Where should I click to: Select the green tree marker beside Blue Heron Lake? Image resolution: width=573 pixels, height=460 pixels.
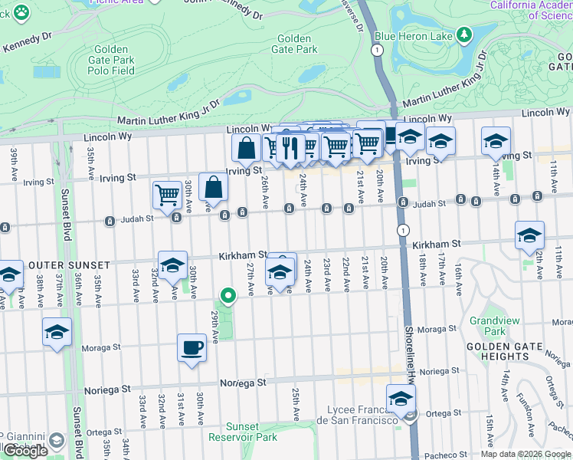pos(463,34)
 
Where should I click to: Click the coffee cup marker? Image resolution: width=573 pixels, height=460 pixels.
pos(192,347)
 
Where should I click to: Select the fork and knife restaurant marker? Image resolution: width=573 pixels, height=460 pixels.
pos(290,146)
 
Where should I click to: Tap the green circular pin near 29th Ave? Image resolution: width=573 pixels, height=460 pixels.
pos(228,295)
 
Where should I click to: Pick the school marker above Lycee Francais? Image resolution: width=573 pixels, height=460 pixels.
pos(400,399)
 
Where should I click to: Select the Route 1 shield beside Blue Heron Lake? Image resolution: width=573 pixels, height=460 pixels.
pos(376,49)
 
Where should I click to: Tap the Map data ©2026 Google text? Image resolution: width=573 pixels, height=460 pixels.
pos(526,454)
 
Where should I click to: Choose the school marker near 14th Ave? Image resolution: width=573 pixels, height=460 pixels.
pos(496,140)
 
